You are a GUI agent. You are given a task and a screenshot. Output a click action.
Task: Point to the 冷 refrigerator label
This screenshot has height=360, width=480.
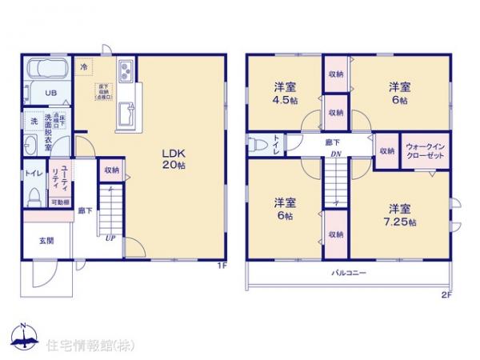click(x=85, y=68)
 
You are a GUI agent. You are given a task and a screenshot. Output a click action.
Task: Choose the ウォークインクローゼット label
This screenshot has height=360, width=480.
click(x=425, y=152)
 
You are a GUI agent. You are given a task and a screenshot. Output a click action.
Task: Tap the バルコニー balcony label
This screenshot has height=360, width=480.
click(x=350, y=274)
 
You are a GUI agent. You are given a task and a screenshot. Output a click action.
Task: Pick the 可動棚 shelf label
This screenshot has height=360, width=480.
click(x=62, y=203)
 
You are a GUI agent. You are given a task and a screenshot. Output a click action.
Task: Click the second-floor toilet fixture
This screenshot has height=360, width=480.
click(x=258, y=146)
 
